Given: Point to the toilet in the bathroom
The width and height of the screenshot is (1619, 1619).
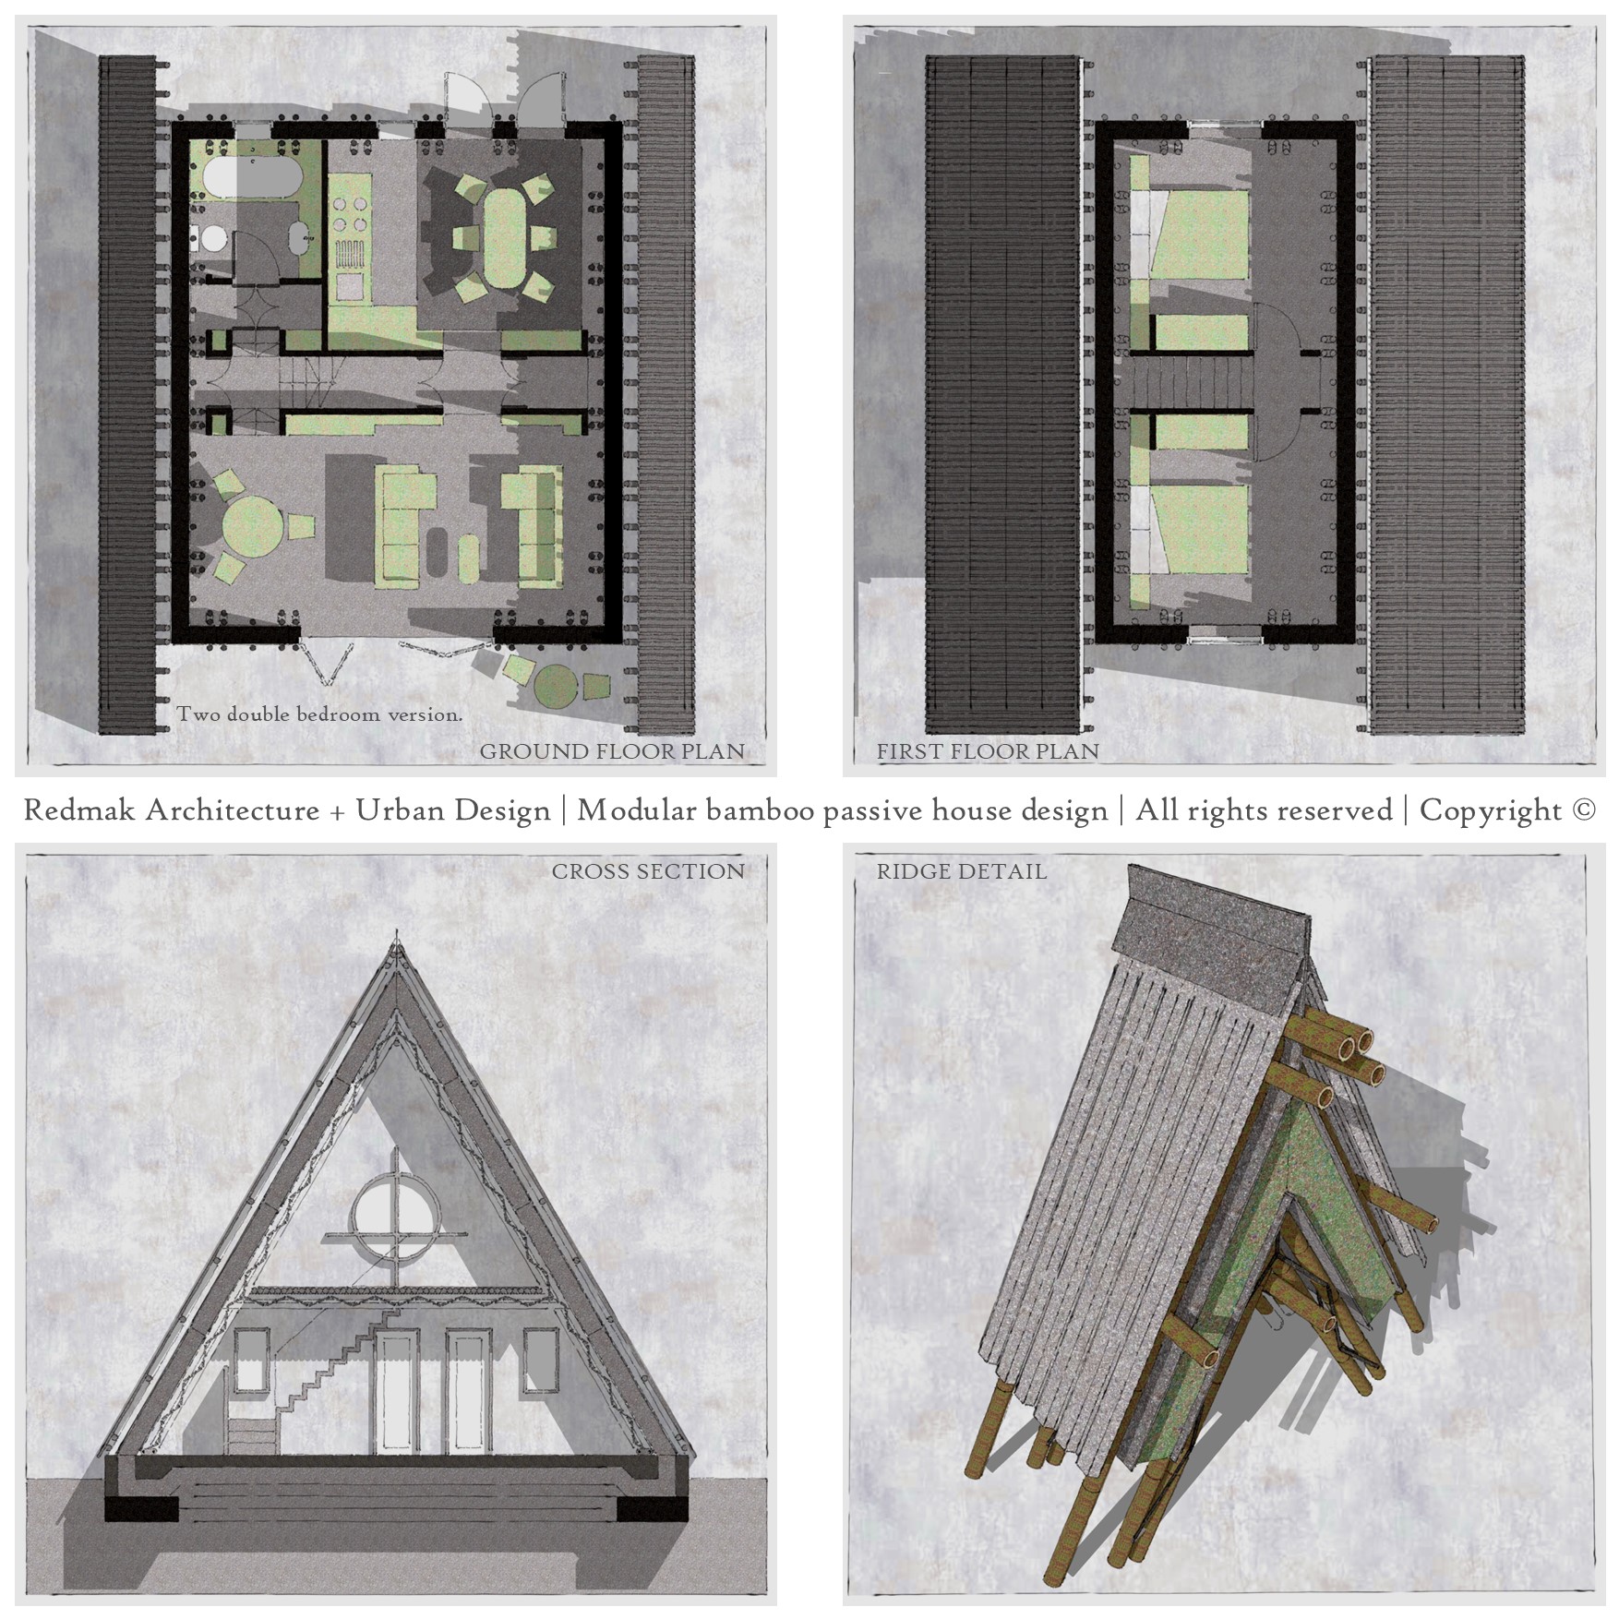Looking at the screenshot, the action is point(211,239).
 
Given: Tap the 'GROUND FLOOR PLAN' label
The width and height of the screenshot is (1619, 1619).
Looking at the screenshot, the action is point(612,751).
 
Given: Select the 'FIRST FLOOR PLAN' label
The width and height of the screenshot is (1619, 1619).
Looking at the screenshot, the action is point(988,751).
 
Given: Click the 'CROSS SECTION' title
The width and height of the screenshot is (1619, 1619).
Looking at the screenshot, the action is point(648,871).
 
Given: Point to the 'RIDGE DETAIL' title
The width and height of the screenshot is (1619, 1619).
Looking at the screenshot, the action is point(961,871).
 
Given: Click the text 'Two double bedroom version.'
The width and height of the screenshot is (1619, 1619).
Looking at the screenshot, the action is point(319,714).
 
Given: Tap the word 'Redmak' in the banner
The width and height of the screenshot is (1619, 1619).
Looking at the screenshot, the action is point(79,809).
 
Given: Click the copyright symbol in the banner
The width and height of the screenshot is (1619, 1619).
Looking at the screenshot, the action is point(1583,809).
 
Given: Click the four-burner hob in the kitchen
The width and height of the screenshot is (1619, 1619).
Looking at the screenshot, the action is point(351,214).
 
